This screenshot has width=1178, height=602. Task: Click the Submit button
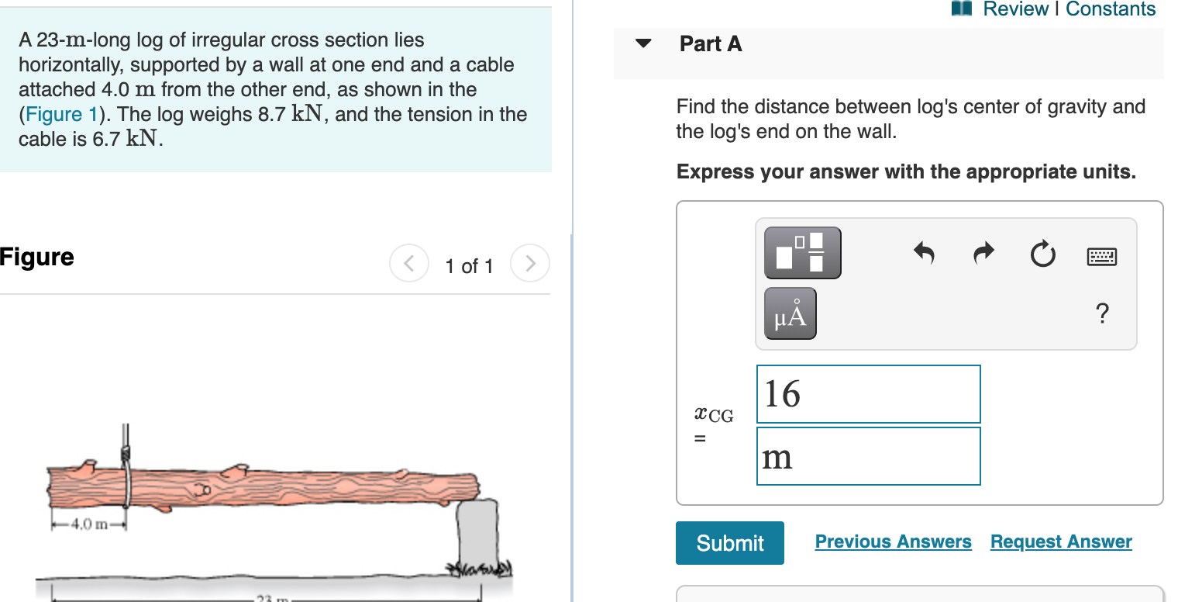[729, 543]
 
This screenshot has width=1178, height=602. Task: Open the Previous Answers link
[893, 541]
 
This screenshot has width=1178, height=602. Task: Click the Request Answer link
[1061, 541]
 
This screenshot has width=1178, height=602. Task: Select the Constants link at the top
[1111, 9]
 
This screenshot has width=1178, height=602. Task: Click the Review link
[1015, 9]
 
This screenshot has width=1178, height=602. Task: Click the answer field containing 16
[868, 394]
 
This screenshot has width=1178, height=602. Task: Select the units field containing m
[868, 456]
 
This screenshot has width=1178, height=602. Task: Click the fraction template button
[802, 253]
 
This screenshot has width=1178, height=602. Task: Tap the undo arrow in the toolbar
[923, 253]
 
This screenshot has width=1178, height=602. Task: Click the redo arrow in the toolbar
[983, 253]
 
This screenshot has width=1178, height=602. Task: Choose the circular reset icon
[1043, 254]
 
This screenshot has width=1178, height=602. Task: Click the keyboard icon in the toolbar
[1102, 255]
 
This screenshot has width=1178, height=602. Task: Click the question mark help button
[1102, 314]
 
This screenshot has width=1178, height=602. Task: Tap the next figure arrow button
[530, 264]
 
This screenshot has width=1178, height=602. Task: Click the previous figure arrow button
[408, 264]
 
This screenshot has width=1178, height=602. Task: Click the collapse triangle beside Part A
[643, 43]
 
